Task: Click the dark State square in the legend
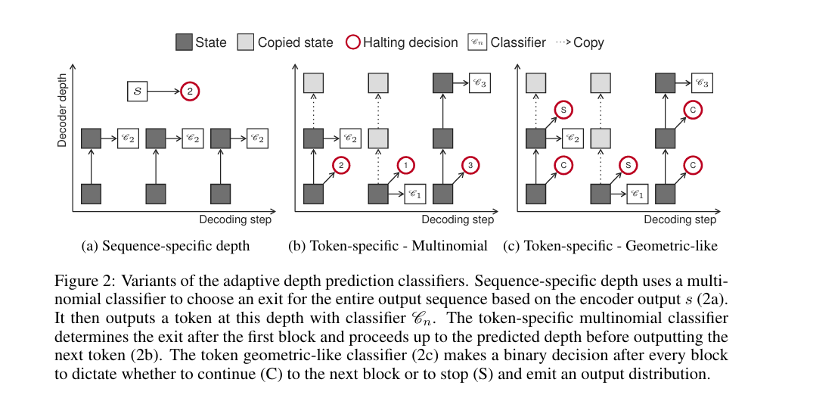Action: tap(184, 42)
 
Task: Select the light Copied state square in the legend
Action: tap(247, 42)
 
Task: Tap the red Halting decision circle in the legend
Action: tap(352, 42)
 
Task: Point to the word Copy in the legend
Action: tap(588, 42)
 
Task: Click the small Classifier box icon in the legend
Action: tap(478, 42)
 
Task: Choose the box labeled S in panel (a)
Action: tap(137, 92)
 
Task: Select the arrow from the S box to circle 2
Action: tap(163, 92)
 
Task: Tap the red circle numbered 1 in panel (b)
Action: tap(406, 165)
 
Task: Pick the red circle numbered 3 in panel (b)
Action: tap(470, 165)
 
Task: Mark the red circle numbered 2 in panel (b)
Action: tap(341, 165)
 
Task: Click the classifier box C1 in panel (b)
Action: tap(414, 194)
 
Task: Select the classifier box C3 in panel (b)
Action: tap(480, 82)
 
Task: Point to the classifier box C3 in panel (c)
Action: tap(702, 82)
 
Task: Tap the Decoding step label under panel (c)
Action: tap(680, 219)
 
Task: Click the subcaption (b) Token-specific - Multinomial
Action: tap(388, 246)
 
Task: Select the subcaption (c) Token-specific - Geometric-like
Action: tap(615, 246)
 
